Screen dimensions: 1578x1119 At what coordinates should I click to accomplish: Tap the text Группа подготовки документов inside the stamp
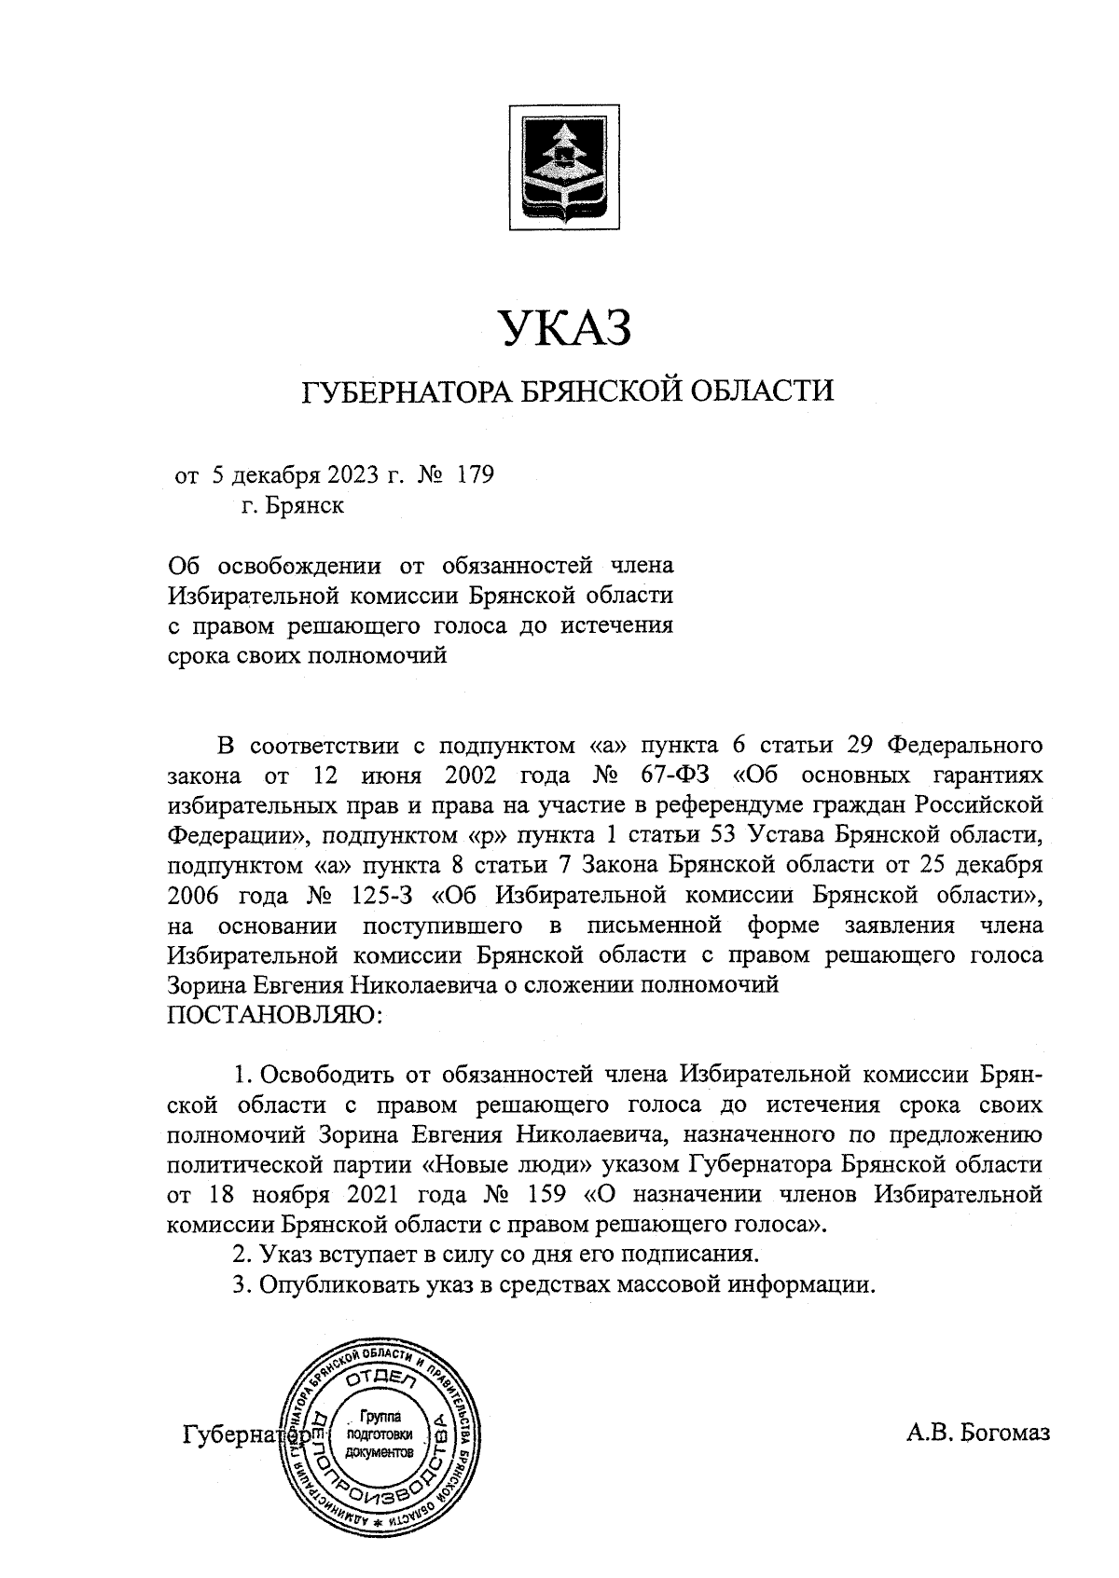point(378,1434)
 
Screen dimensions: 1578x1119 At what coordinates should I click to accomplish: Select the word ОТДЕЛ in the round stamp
point(380,1380)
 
